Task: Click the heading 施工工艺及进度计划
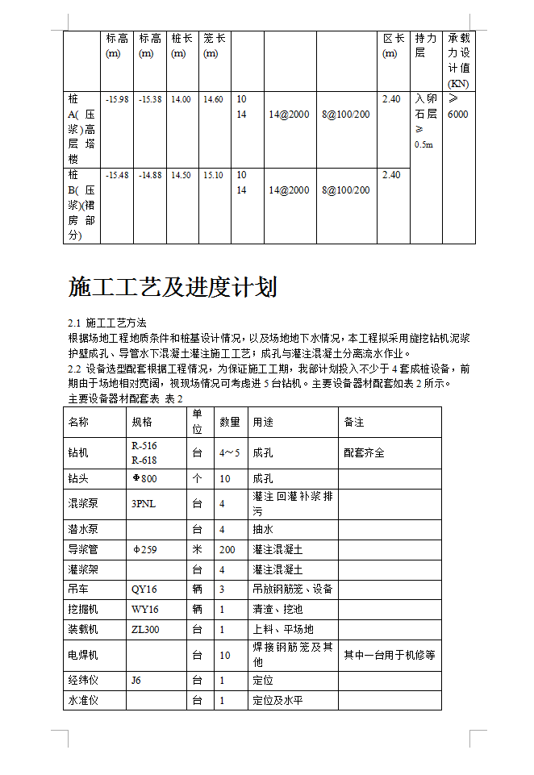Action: point(173,288)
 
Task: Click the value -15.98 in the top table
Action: point(117,99)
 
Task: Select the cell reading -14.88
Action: point(150,175)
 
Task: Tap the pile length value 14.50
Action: point(181,175)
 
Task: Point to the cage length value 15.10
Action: point(213,175)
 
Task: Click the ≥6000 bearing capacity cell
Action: point(457,106)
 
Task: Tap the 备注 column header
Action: point(354,422)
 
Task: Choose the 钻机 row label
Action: point(78,452)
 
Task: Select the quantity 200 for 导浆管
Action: point(228,549)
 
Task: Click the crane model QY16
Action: point(144,590)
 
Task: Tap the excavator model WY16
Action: point(144,610)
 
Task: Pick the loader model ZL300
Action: point(145,629)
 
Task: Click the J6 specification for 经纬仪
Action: point(136,681)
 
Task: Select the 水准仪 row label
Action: point(83,701)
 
